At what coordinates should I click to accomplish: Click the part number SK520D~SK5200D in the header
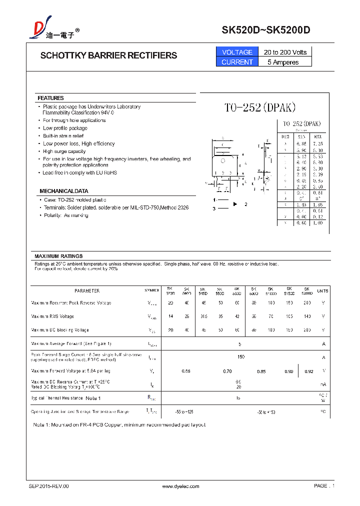coord(266,30)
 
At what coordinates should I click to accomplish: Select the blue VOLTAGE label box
coord(237,52)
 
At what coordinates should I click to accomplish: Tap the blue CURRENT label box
coord(237,62)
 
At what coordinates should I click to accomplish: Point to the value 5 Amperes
coord(283,62)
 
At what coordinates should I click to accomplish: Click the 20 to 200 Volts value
coord(285,52)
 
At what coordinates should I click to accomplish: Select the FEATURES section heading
coord(50,98)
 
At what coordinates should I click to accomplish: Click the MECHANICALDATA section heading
coord(64,191)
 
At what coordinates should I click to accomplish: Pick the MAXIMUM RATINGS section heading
coord(58,256)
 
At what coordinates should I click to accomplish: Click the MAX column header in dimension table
coord(317,136)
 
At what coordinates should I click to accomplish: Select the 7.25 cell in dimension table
coord(317,143)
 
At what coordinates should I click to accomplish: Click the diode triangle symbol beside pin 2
coord(235,204)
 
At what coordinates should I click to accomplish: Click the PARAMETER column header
coord(87,290)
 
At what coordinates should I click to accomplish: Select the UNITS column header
coord(323,290)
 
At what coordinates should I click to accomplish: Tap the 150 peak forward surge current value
coord(241,356)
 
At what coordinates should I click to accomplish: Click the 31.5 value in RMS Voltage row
coord(203,316)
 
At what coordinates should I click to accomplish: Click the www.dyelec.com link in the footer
coord(181,486)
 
